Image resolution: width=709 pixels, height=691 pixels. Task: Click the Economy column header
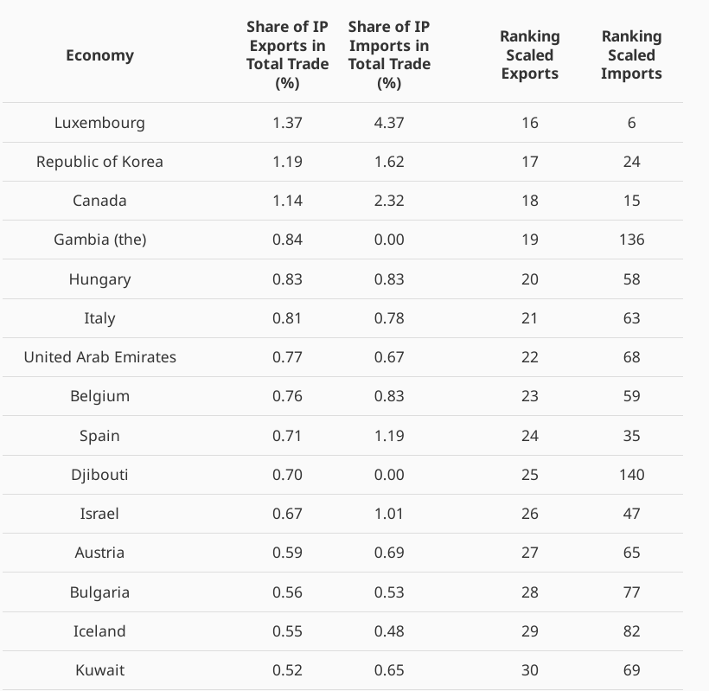point(99,55)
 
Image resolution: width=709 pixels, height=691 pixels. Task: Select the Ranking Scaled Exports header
point(529,54)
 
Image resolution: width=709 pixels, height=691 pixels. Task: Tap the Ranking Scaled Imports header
point(631,54)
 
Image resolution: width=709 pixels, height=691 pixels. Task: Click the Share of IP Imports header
point(389,54)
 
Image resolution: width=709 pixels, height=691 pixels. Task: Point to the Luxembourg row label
point(99,123)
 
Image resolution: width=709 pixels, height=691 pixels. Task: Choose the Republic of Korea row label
point(99,162)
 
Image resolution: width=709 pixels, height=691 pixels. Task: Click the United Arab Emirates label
point(99,357)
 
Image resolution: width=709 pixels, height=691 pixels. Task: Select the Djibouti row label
point(99,475)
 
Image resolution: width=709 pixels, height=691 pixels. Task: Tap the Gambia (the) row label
point(99,240)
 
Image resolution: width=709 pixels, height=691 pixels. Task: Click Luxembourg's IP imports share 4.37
point(389,123)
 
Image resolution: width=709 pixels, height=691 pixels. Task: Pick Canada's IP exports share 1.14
point(287,201)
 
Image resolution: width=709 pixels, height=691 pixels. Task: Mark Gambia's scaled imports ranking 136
point(631,240)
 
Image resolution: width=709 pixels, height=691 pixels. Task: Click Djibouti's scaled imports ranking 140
point(631,475)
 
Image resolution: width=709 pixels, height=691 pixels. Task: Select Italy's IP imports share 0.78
point(389,318)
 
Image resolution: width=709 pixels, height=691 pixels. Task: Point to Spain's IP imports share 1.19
point(389,436)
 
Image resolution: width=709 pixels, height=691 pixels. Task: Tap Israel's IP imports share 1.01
point(389,514)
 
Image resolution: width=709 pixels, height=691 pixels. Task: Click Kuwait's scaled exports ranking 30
point(529,670)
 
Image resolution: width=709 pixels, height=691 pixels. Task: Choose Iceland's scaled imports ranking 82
point(631,631)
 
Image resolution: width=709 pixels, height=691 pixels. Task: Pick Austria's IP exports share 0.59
point(287,553)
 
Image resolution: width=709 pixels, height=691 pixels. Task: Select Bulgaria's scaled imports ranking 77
point(631,592)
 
